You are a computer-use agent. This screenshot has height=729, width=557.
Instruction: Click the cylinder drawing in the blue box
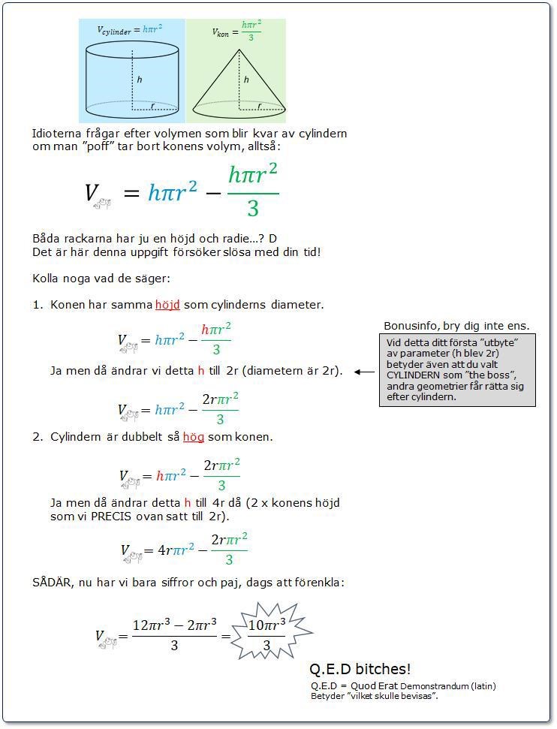pyautogui.click(x=132, y=79)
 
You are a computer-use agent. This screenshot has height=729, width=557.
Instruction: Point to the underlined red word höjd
pyautogui.click(x=168, y=305)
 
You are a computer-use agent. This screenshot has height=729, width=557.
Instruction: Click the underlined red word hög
pyautogui.click(x=194, y=437)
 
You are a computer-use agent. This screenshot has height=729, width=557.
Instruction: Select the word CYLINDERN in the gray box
pyautogui.click(x=417, y=375)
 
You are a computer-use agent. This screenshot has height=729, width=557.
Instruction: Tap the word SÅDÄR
pyautogui.click(x=51, y=582)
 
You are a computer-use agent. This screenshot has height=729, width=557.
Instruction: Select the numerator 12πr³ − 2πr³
pyautogui.click(x=174, y=625)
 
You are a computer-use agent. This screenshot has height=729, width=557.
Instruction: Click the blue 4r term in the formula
pyautogui.click(x=164, y=550)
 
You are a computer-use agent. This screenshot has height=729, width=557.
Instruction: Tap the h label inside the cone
pyautogui.click(x=246, y=80)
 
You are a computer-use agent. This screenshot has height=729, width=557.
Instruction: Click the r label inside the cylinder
pyautogui.click(x=152, y=107)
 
